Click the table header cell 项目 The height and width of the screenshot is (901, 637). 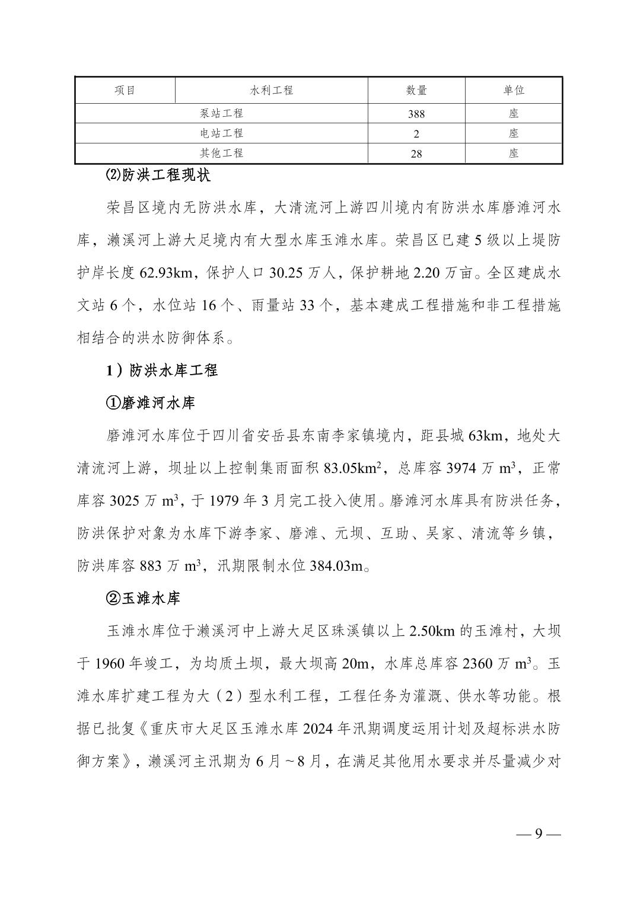tap(125, 90)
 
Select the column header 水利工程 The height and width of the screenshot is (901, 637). tap(272, 90)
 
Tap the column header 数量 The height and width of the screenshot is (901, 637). tap(416, 90)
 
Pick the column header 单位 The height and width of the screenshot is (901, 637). tap(514, 90)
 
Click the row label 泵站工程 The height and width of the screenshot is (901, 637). tap(221, 113)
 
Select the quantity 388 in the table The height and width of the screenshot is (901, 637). tap(416, 114)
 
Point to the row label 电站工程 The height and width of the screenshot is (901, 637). tap(221, 133)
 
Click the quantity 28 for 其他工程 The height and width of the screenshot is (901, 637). tap(416, 154)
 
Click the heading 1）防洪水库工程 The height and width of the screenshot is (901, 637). tap(162, 370)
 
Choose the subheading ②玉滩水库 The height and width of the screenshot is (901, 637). tap(143, 598)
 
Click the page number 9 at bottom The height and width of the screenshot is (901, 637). tap(539, 833)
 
